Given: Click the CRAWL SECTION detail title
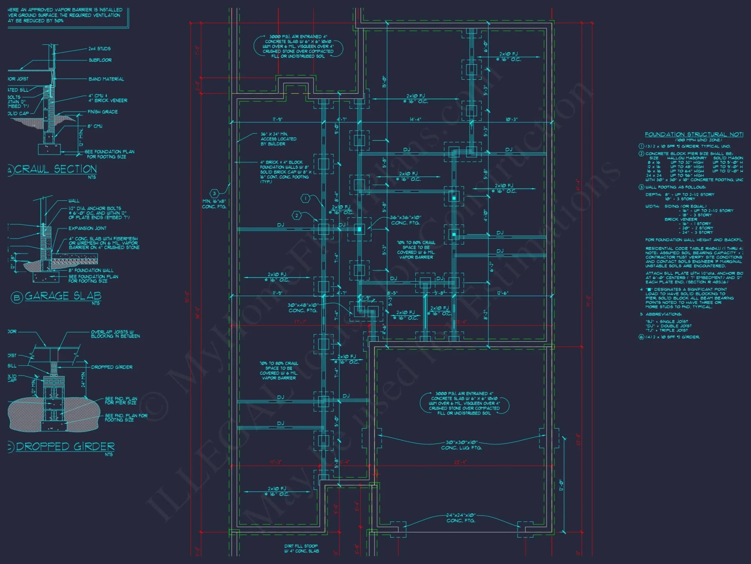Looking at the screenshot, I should [x=56, y=169].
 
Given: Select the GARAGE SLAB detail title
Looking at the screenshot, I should [x=63, y=296].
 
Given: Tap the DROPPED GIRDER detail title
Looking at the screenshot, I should [x=65, y=446].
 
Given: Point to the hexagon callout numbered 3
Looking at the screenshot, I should [x=214, y=194].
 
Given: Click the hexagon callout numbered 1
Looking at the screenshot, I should [x=306, y=198].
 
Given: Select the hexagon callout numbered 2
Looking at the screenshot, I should [x=297, y=215].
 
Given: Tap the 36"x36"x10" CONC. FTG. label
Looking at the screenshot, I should [x=406, y=220].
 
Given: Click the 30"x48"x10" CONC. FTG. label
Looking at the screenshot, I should [x=303, y=308].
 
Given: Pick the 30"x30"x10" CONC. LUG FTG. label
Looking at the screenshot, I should [x=461, y=445].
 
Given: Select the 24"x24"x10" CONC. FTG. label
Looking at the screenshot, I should [x=461, y=518].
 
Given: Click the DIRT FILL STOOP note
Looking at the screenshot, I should [x=301, y=548].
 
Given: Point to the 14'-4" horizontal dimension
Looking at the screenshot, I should [x=415, y=119].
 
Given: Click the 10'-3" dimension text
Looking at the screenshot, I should [x=511, y=119].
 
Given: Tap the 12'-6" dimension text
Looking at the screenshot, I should [x=502, y=293].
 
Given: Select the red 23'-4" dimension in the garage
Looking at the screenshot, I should [x=460, y=462].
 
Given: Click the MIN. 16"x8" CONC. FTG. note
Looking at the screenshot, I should [x=214, y=204].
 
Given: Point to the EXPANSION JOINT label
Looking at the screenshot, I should [x=87, y=228].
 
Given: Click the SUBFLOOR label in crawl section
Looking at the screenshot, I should [x=100, y=60].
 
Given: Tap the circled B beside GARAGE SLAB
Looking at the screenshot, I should [x=16, y=298].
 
